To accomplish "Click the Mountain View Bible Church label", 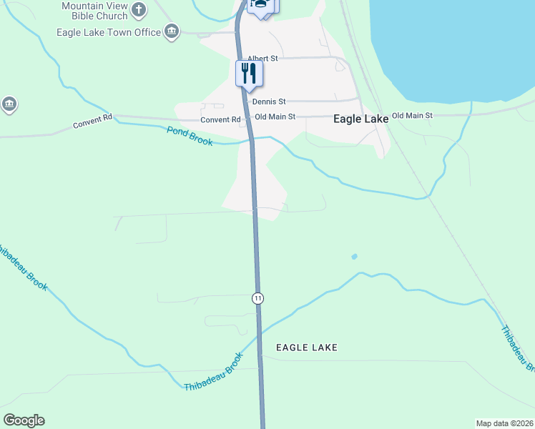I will click(x=94, y=11).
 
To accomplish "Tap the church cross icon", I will click(x=139, y=10).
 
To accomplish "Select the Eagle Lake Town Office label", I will click(x=109, y=32).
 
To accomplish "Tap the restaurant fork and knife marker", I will click(x=249, y=73).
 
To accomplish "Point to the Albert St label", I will click(x=262, y=59).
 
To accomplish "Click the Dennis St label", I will click(x=269, y=102).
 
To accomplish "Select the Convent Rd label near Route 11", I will click(x=220, y=119).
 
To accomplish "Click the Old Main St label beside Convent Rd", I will click(x=275, y=117).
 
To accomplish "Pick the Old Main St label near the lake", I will click(x=412, y=115).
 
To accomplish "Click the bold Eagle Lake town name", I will click(x=361, y=119).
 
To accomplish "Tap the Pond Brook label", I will click(x=190, y=136).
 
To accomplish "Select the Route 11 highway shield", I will click(x=257, y=297).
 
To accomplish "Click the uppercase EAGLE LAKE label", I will click(x=307, y=347).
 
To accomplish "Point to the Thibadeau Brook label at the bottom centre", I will click(x=214, y=372).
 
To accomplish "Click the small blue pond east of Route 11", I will click(x=354, y=256).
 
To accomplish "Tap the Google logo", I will click(x=24, y=420).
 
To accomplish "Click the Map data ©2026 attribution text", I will click(x=504, y=423).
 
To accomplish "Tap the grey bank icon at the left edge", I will click(x=9, y=104).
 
